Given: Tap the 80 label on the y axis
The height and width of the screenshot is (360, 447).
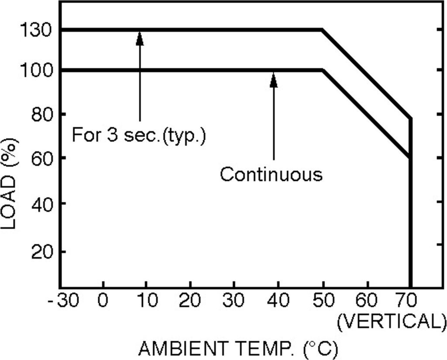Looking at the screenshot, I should pyautogui.click(x=42, y=114).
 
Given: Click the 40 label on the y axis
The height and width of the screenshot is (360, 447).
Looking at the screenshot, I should pyautogui.click(x=42, y=204).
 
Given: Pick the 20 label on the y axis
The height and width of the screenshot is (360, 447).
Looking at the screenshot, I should pyautogui.click(x=42, y=252).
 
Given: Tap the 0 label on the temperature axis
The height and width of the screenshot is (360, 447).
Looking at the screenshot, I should pyautogui.click(x=103, y=301).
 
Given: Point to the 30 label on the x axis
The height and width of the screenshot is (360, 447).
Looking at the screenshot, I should pyautogui.click(x=235, y=301).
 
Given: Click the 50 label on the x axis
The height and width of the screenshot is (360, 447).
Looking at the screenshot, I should pyautogui.click(x=323, y=301).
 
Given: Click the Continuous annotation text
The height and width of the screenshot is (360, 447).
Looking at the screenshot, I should pyautogui.click(x=271, y=174).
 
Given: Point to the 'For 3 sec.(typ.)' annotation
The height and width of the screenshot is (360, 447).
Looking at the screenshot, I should pyautogui.click(x=138, y=135).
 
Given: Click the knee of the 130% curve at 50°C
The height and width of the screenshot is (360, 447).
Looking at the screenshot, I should pyautogui.click(x=322, y=30).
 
